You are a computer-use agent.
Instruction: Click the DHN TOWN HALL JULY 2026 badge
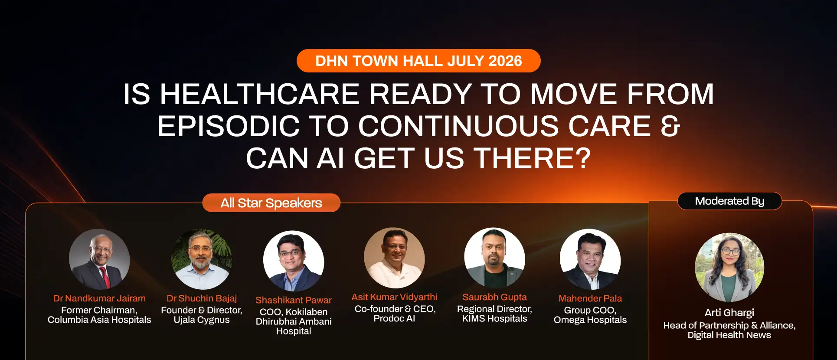click(418, 61)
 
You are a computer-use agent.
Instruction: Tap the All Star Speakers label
click(271, 203)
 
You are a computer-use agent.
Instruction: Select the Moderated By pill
click(729, 201)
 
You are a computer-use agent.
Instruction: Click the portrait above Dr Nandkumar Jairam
click(99, 259)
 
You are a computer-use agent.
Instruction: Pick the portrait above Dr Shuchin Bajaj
click(202, 259)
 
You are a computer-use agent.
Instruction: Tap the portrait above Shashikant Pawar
click(294, 261)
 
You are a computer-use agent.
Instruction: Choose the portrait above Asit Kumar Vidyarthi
click(394, 258)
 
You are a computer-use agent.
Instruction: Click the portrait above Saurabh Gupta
click(494, 258)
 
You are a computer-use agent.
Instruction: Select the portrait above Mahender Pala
click(590, 259)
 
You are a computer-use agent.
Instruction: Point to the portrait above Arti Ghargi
click(729, 268)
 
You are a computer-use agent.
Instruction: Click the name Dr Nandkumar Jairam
click(99, 298)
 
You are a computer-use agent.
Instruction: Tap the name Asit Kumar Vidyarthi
click(394, 297)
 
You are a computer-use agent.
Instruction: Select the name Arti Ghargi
click(729, 313)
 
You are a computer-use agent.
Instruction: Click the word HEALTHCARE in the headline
click(259, 94)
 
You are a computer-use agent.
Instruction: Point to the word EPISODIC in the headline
click(228, 126)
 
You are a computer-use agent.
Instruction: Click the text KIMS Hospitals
click(494, 319)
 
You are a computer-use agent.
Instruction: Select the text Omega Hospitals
click(590, 320)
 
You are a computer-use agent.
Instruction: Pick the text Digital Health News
click(729, 335)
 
